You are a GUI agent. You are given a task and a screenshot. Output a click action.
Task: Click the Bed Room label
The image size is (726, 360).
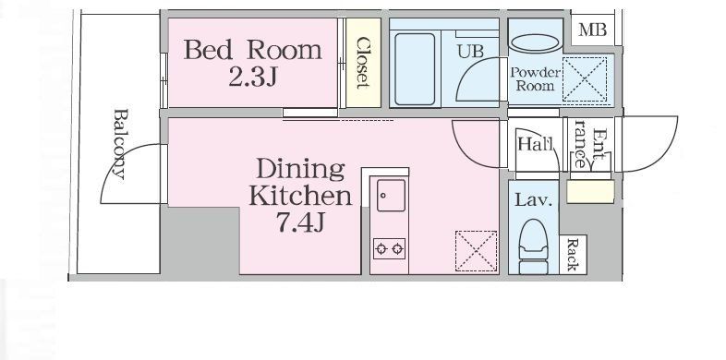click(253, 50)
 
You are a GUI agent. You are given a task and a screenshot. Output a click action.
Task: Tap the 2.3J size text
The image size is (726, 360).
click(253, 78)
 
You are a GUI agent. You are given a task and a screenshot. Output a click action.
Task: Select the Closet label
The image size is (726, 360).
click(364, 63)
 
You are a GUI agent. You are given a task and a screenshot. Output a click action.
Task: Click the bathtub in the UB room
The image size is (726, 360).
click(415, 69)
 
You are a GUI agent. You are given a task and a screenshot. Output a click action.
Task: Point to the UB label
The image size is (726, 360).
click(470, 51)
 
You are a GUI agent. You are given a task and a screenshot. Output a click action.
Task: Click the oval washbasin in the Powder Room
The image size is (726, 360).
click(535, 44)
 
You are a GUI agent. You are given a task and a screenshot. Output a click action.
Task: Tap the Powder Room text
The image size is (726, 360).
click(535, 79)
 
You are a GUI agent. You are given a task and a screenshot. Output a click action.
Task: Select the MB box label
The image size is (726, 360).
click(592, 30)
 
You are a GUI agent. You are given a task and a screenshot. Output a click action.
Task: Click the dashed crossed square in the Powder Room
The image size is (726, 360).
click(585, 79)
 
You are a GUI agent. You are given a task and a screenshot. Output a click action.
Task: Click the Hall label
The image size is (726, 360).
click(535, 144)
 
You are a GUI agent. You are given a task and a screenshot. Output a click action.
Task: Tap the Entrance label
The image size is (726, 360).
click(589, 144)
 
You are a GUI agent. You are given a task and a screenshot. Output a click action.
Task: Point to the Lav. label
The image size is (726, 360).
click(534, 200)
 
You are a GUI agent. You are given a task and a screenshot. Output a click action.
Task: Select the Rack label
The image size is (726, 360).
click(573, 255)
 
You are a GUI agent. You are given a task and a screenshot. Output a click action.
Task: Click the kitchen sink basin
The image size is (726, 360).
click(391, 196)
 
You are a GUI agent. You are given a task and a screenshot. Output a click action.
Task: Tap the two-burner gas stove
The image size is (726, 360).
click(390, 249)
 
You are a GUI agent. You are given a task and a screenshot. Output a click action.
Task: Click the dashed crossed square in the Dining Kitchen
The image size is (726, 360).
click(477, 251)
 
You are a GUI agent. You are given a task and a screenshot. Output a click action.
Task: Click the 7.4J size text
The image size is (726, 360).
click(300, 222)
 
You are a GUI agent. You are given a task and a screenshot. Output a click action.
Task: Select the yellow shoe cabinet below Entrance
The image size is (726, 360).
click(591, 192)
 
